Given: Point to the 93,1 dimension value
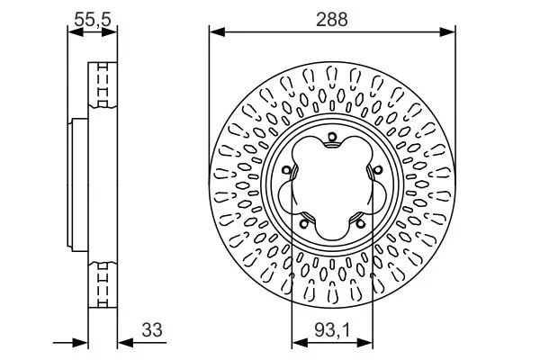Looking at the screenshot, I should (332, 329).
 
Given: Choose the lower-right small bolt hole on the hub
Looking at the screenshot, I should (359, 223).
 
